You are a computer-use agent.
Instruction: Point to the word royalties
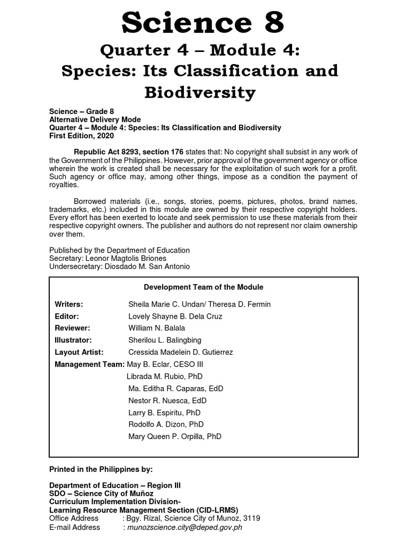point(64,185)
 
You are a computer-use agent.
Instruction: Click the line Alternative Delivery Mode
point(95,120)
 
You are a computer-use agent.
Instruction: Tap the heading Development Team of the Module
point(203,287)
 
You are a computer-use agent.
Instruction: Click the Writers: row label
point(69,304)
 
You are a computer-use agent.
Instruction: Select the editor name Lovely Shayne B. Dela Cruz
point(175,316)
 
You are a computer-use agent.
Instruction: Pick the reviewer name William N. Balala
point(156,328)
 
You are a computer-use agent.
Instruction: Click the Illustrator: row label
point(73,340)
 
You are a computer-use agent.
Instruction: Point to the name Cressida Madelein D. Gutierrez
point(180,352)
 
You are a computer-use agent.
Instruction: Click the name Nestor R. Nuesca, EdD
point(167,400)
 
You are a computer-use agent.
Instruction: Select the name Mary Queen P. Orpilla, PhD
point(175,436)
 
